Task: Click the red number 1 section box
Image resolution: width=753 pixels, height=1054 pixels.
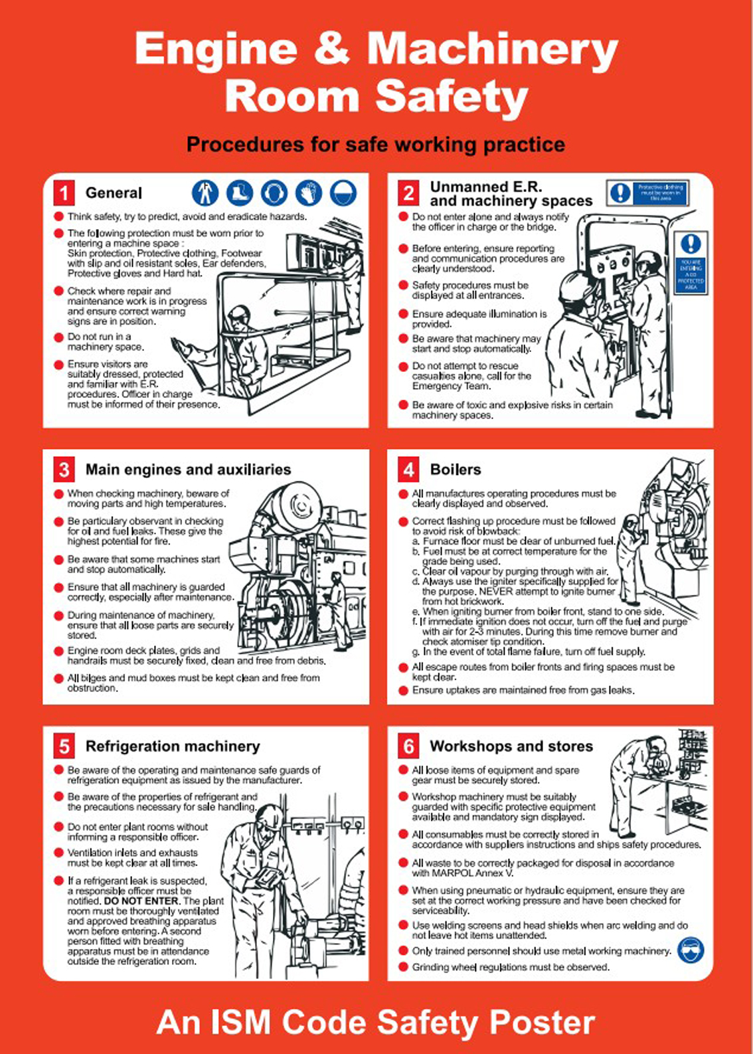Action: pos(64,193)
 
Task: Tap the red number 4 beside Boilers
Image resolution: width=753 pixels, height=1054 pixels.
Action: pos(408,470)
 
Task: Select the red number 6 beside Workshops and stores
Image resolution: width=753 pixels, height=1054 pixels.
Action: pos(408,747)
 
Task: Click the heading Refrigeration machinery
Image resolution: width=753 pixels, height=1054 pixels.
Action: pos(172,747)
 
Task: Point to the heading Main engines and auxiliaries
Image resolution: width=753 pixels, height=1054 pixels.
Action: pos(188,470)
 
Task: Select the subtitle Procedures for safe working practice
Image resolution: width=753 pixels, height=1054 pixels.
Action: pos(376,145)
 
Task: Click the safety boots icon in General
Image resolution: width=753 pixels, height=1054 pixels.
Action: pos(239,193)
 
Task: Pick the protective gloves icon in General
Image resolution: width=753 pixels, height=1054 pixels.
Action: pos(308,193)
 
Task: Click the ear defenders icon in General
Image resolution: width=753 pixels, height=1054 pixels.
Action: pos(274,193)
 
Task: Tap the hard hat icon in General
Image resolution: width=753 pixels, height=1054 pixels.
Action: pos(343,193)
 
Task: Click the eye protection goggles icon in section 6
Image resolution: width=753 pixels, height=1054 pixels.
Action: pos(691,950)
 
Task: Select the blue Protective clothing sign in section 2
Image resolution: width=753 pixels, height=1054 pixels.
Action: pos(647,193)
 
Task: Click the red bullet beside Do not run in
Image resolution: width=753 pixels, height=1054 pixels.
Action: pos(58,337)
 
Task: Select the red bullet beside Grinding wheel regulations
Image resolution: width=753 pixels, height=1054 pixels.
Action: pos(403,967)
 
